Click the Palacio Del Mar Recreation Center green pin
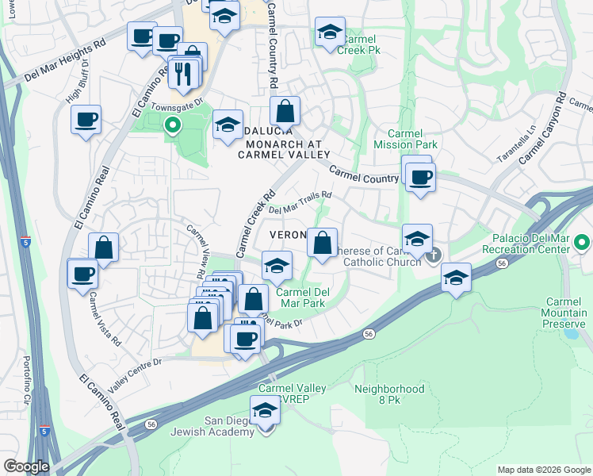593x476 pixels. [x=583, y=243]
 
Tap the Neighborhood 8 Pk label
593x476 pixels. [x=389, y=395]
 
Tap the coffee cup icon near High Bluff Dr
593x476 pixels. [x=86, y=121]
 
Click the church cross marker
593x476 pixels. [x=434, y=255]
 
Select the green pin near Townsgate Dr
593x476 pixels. [x=172, y=125]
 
